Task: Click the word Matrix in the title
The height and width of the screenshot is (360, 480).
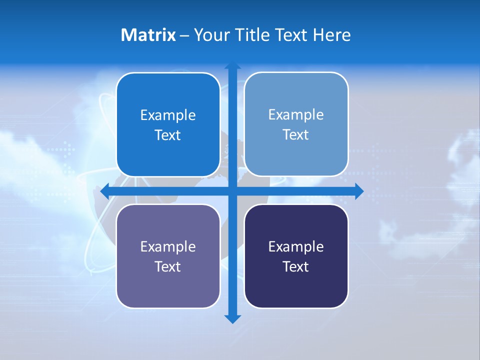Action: coord(148,35)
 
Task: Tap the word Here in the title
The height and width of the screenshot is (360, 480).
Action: coord(331,35)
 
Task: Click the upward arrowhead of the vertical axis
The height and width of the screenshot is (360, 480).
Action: coord(232,65)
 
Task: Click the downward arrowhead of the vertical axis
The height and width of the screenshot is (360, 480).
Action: coord(232,318)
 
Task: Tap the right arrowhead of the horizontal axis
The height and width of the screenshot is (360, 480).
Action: coord(358,191)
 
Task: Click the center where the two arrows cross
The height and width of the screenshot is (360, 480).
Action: coord(232,191)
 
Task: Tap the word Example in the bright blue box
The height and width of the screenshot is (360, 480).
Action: coord(168,115)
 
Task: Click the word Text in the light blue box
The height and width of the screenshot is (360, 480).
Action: coord(296,135)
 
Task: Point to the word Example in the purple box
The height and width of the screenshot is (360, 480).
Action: coord(168,247)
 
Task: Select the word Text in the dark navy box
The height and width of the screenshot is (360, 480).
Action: coord(296,267)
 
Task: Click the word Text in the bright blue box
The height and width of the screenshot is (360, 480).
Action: coord(168,135)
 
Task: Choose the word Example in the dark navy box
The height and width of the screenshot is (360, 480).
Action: coord(296,247)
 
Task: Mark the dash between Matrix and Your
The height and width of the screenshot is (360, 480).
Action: coord(184,35)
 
